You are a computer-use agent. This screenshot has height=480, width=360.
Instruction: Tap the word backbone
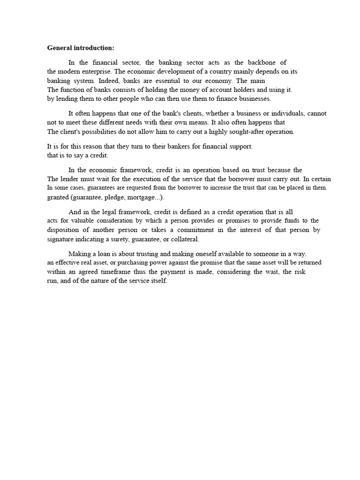263,62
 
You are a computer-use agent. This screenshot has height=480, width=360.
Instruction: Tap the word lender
71,179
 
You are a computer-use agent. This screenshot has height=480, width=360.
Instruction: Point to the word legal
112,212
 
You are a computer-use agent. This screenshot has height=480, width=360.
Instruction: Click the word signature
62,239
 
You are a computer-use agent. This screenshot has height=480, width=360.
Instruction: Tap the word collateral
184,239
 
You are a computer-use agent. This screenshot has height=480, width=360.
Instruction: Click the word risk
300,272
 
